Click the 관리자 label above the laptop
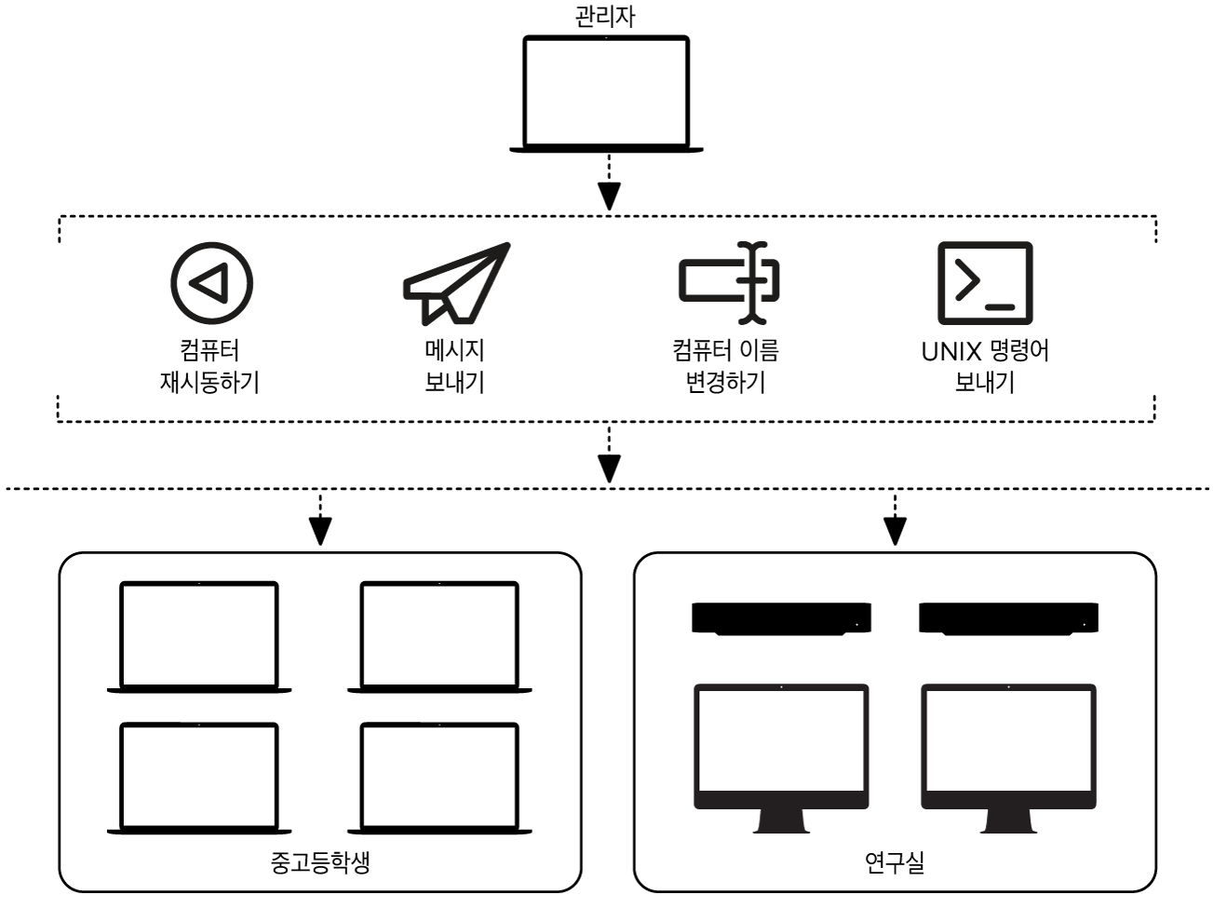pyautogui.click(x=605, y=17)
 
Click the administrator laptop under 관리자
pyautogui.click(x=606, y=93)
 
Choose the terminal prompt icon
pyautogui.click(x=984, y=282)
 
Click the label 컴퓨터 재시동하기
pyautogui.click(x=209, y=366)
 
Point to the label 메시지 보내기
pyautogui.click(x=454, y=366)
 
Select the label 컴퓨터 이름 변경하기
pyautogui.click(x=725, y=366)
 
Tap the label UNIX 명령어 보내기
pyautogui.click(x=984, y=366)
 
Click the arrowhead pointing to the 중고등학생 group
pyautogui.click(x=320, y=531)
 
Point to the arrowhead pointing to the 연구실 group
pyautogui.click(x=895, y=531)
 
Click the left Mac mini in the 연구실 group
pyautogui.click(x=781, y=618)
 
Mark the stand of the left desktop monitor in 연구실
pyautogui.click(x=781, y=820)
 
